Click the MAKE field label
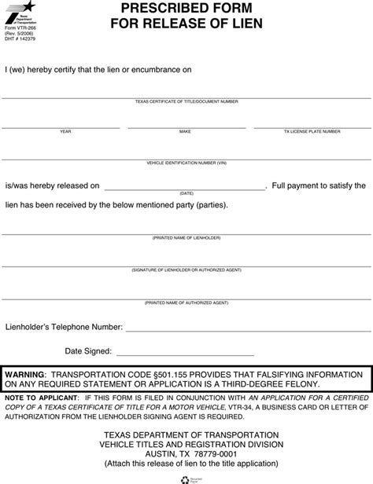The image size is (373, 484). [x=185, y=132]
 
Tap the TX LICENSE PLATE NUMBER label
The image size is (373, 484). [x=312, y=132]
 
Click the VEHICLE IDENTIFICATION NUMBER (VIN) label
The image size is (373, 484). [x=186, y=163]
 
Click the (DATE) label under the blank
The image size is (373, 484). [x=186, y=193]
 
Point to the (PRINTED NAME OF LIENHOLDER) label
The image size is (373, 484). [x=186, y=237]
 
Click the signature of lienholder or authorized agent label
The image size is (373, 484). [x=186, y=269]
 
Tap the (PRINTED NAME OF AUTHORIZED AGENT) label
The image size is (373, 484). [x=186, y=302]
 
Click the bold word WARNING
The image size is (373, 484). [x=24, y=375]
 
